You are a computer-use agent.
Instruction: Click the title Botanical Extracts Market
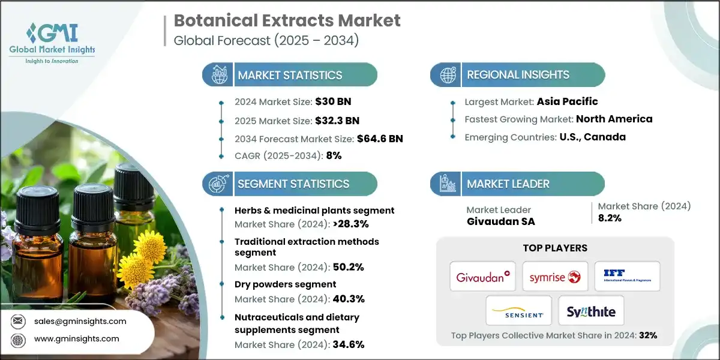tap(287, 20)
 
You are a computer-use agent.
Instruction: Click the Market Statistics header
tap(290, 75)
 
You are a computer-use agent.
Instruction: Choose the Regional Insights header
tap(518, 75)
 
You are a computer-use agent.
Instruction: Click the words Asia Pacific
tap(567, 101)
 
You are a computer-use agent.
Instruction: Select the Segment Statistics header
tap(293, 184)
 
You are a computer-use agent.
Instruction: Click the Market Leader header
tap(508, 184)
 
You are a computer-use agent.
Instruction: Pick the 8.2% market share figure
tap(610, 218)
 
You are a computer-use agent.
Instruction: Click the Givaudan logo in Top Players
tap(483, 276)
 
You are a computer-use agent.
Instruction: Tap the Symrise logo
tap(555, 276)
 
